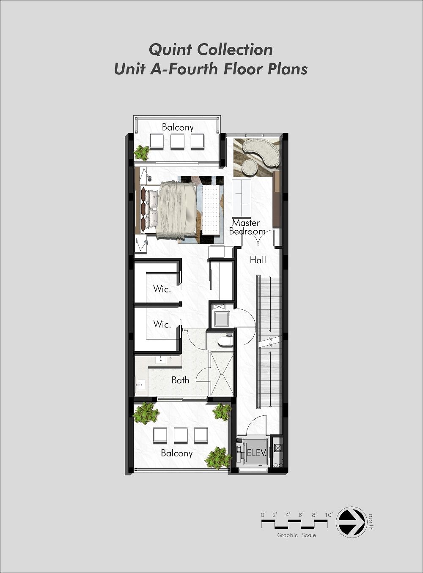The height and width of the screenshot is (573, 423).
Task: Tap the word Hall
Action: click(258, 260)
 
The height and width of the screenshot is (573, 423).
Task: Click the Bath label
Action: click(181, 380)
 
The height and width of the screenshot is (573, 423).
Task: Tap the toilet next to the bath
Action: click(225, 341)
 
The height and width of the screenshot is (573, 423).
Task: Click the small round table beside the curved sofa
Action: click(250, 168)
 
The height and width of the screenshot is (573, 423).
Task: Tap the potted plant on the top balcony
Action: click(142, 153)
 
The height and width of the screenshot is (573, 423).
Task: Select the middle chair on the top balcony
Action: click(178, 142)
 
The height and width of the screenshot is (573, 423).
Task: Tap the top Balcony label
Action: click(178, 127)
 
